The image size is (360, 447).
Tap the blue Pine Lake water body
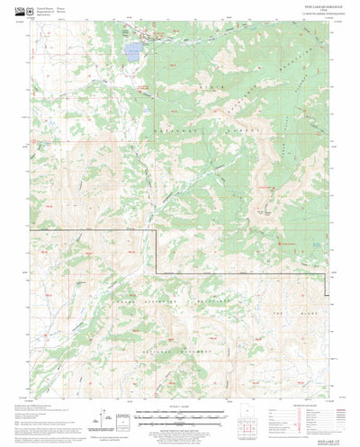[x=131, y=47]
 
